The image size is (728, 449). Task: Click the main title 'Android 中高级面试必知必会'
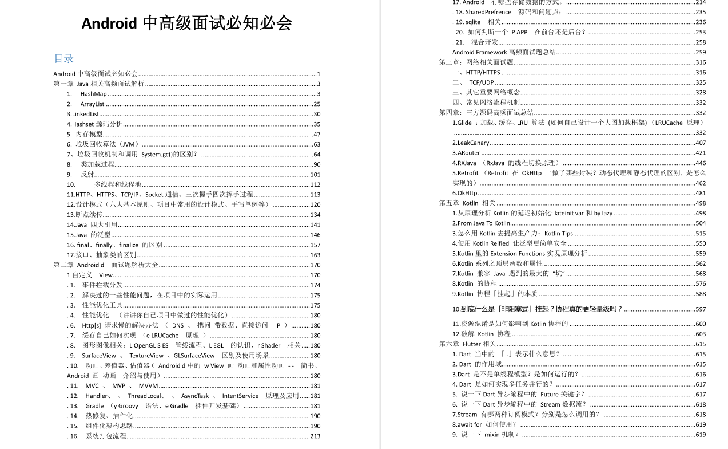[186, 23]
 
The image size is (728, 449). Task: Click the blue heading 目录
[63, 58]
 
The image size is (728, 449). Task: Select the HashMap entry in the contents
[93, 94]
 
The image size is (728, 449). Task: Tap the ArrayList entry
[92, 104]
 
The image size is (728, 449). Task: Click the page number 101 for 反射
[315, 175]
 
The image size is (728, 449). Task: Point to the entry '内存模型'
[89, 134]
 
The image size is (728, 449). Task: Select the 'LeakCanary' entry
[471, 143]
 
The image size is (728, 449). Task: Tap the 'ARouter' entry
[466, 153]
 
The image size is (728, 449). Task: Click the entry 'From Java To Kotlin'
[481, 223]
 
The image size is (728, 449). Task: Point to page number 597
[701, 309]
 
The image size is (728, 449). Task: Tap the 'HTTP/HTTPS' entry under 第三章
[483, 73]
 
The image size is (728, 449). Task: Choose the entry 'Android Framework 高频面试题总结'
[503, 52]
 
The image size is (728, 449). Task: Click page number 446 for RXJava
[701, 163]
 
